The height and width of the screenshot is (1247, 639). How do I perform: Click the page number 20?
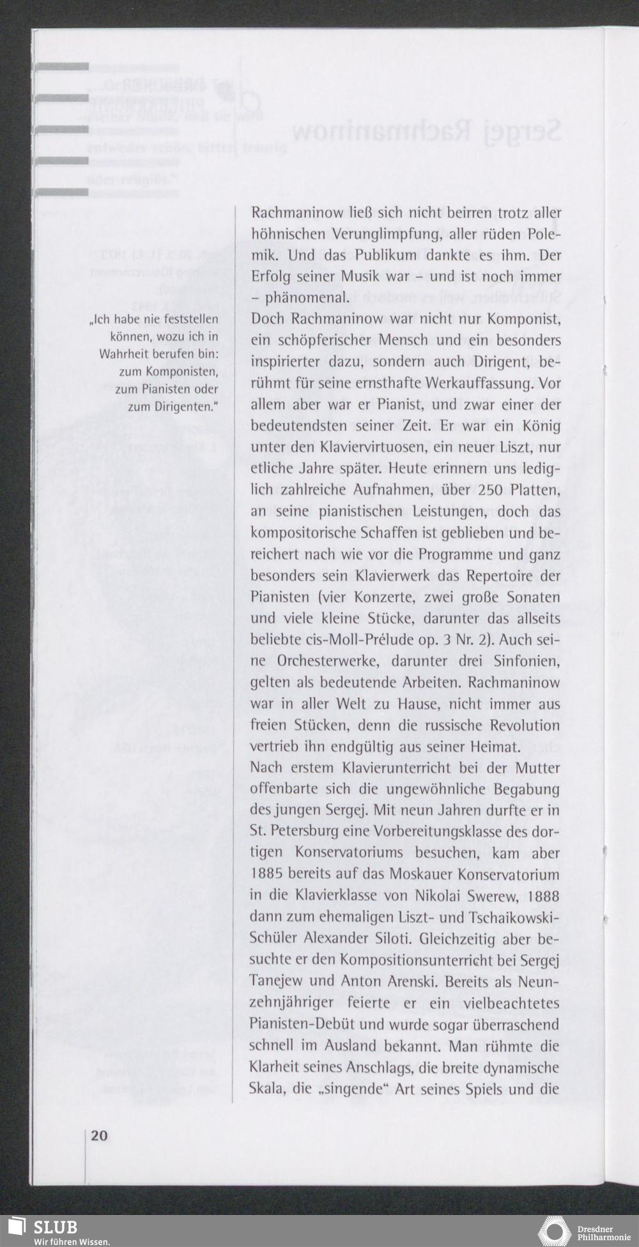99,1135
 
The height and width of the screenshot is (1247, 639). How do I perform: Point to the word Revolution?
525,725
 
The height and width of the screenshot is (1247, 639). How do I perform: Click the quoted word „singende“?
354,1088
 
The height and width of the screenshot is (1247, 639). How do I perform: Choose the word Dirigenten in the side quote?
184,407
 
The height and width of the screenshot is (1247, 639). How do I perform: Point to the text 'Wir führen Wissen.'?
63,1241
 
